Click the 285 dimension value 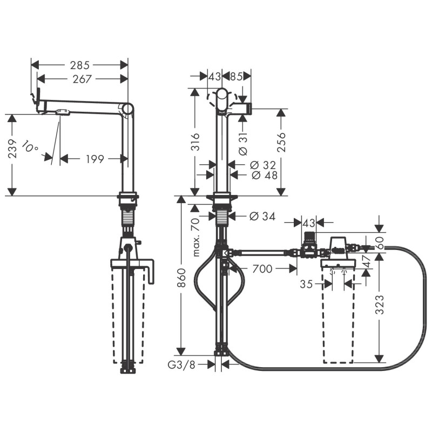80,64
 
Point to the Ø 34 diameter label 262,217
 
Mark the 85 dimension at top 236,77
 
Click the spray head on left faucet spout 62,112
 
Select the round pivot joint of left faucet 127,109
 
